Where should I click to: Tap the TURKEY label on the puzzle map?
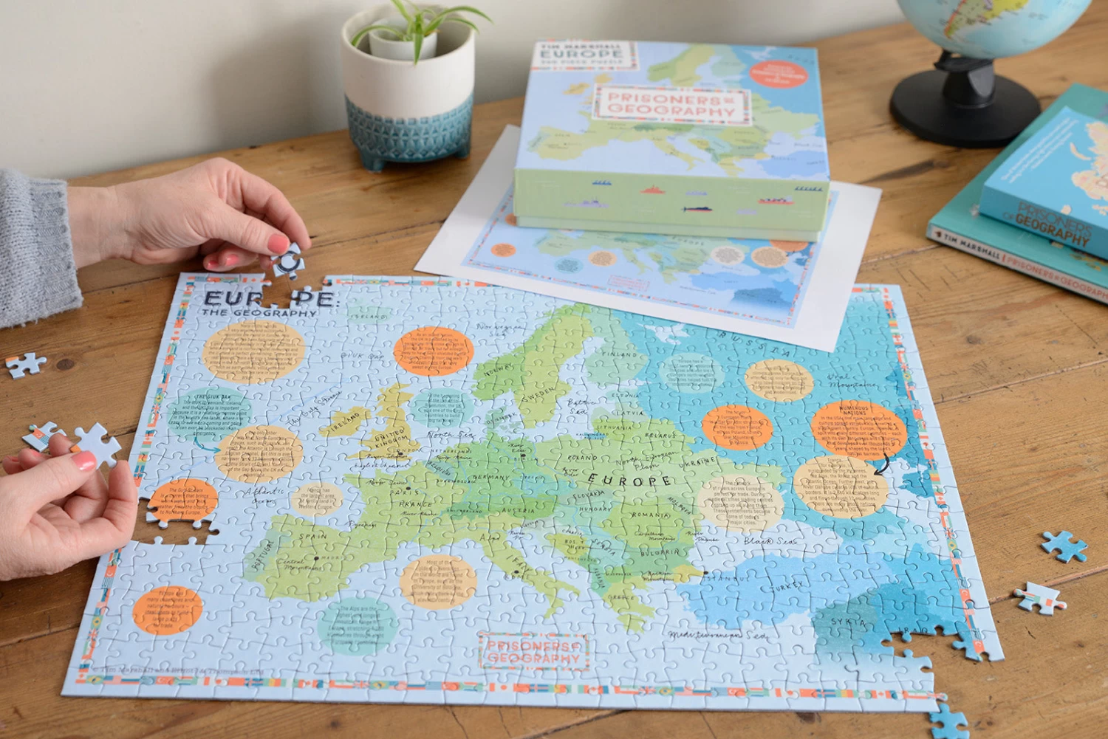tap(786, 587)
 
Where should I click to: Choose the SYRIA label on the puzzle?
tap(848, 622)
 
